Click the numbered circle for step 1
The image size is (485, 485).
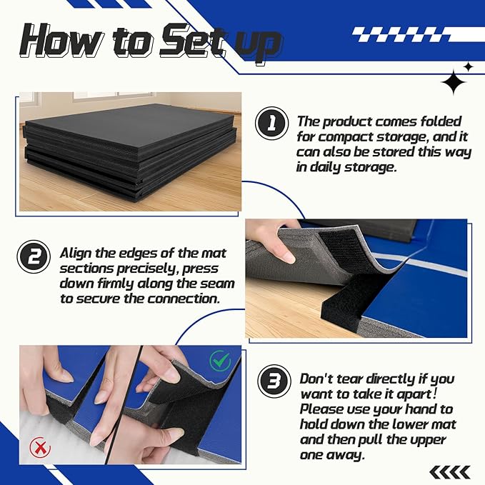click(x=271, y=123)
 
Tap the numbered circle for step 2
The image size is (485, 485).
click(x=34, y=256)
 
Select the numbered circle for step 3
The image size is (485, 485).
click(x=274, y=381)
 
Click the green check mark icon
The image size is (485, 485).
click(x=220, y=360)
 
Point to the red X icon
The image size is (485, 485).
click(x=40, y=446)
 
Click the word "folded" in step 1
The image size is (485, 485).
click(x=441, y=121)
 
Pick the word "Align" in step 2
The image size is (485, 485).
click(x=76, y=254)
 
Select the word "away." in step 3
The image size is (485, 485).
click(x=348, y=456)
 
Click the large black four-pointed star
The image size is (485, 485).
click(x=454, y=82)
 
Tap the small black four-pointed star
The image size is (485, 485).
click(x=469, y=67)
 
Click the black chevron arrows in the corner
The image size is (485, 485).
click(x=450, y=472)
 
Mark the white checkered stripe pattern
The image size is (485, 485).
click(x=418, y=34)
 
